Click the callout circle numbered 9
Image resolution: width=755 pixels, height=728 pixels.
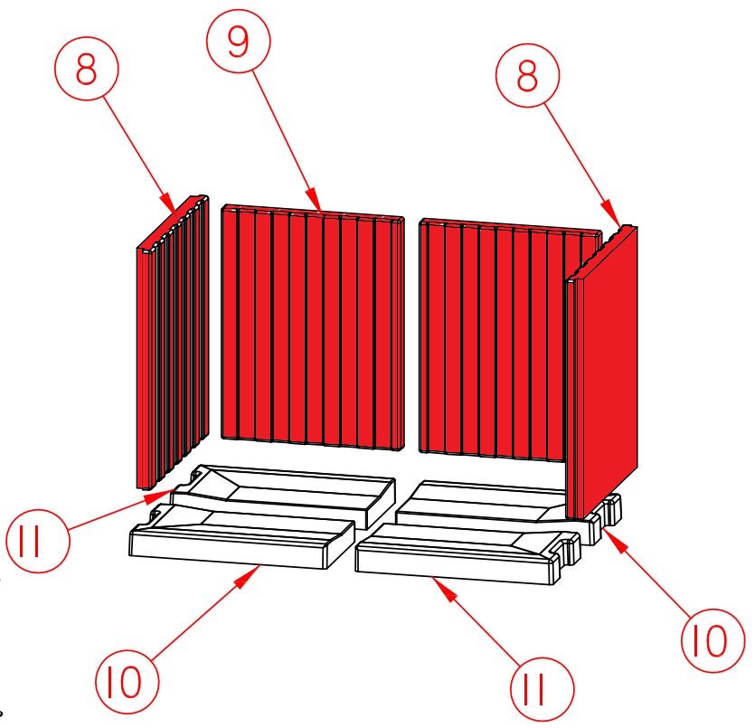point(239,41)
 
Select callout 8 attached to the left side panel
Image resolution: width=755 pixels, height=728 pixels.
point(87,69)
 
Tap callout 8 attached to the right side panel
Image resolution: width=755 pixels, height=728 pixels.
point(528,75)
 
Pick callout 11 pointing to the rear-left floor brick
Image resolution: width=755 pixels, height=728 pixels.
point(38,541)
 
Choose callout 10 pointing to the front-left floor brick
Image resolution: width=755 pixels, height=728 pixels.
point(127,682)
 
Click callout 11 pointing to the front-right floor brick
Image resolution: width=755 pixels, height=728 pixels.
point(543,689)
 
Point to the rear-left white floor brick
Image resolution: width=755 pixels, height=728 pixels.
point(284,495)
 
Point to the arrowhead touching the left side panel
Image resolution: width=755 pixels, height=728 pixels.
point(167,203)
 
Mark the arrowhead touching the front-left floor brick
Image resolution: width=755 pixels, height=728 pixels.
point(248,576)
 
